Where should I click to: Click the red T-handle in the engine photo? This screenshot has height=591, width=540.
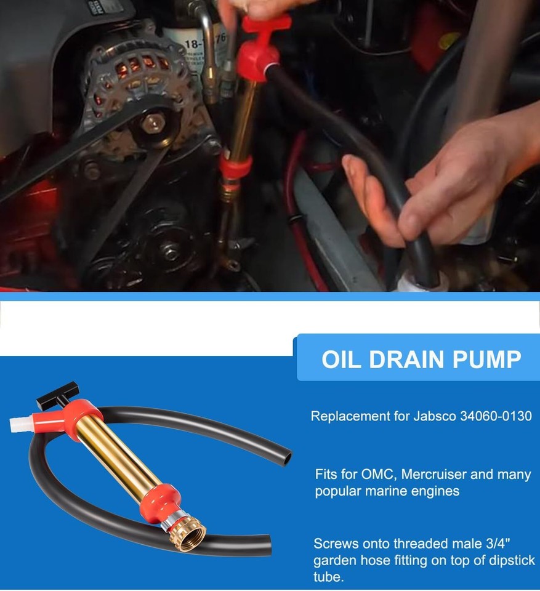(265, 24)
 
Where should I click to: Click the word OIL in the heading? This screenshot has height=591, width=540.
(344, 360)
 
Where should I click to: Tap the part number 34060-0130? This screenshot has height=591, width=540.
(496, 416)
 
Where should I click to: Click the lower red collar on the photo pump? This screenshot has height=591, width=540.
(236, 166)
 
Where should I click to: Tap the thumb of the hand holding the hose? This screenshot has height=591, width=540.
(360, 179)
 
